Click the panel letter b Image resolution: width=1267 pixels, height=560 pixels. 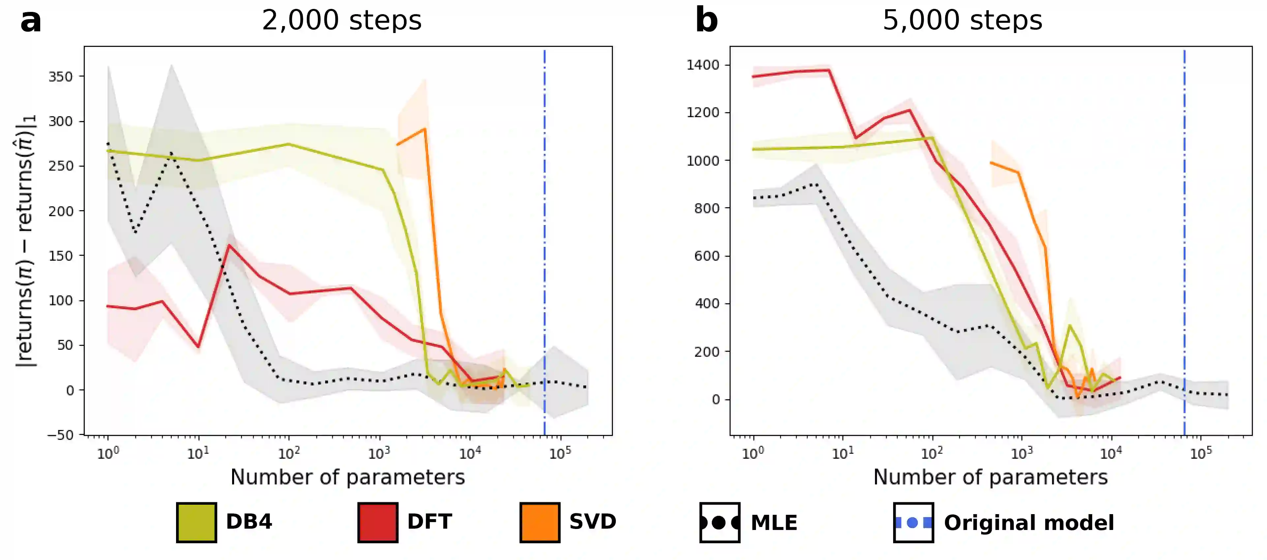pos(706,21)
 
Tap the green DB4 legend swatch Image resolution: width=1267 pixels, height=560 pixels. pos(196,522)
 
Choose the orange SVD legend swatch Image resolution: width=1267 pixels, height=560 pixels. pos(540,522)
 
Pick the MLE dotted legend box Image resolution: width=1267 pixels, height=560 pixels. pos(720,522)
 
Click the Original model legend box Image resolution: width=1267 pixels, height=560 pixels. pos(913,522)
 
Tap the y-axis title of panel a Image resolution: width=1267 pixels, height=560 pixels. pos(25,241)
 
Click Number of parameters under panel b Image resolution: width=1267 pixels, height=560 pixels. pos(990,477)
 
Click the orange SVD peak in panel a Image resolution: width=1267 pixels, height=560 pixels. pos(424,129)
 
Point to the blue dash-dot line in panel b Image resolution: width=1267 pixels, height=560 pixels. pos(1184,221)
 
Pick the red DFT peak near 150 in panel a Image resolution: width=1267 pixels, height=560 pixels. pos(229,245)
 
